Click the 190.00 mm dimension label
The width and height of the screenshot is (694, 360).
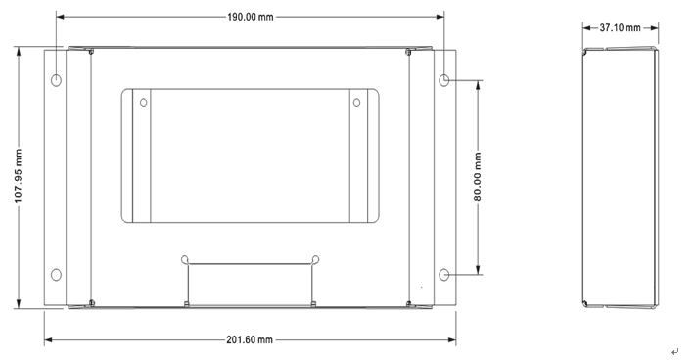point(250,17)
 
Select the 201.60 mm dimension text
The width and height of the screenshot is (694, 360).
point(250,339)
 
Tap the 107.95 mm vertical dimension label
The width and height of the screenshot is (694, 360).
point(19,175)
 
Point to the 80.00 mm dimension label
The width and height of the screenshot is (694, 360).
point(478,176)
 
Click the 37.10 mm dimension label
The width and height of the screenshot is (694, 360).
point(620,27)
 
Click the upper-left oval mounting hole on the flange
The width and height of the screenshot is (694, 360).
point(56,80)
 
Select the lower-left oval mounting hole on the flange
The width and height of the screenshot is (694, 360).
point(56,275)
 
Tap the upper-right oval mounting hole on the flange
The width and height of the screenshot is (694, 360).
point(444,80)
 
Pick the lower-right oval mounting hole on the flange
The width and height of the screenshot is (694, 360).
point(444,275)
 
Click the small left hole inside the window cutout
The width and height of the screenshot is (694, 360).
point(144,103)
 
